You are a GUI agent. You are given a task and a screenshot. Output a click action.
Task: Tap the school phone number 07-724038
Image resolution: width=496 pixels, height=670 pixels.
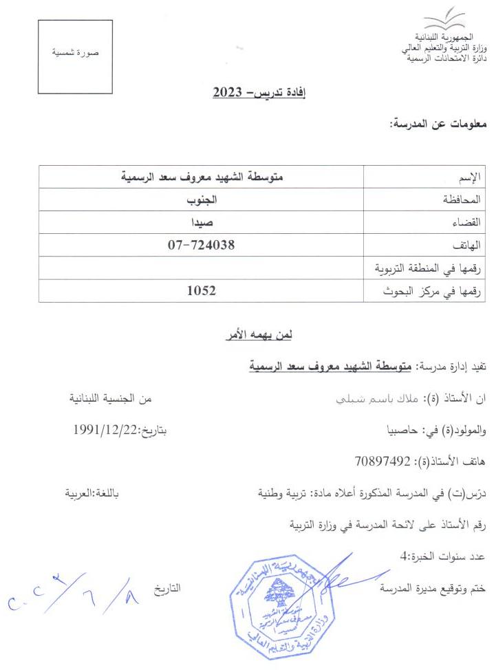click(x=202, y=244)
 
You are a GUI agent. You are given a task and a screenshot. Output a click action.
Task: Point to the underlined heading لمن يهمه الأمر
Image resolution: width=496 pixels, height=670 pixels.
click(x=260, y=336)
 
